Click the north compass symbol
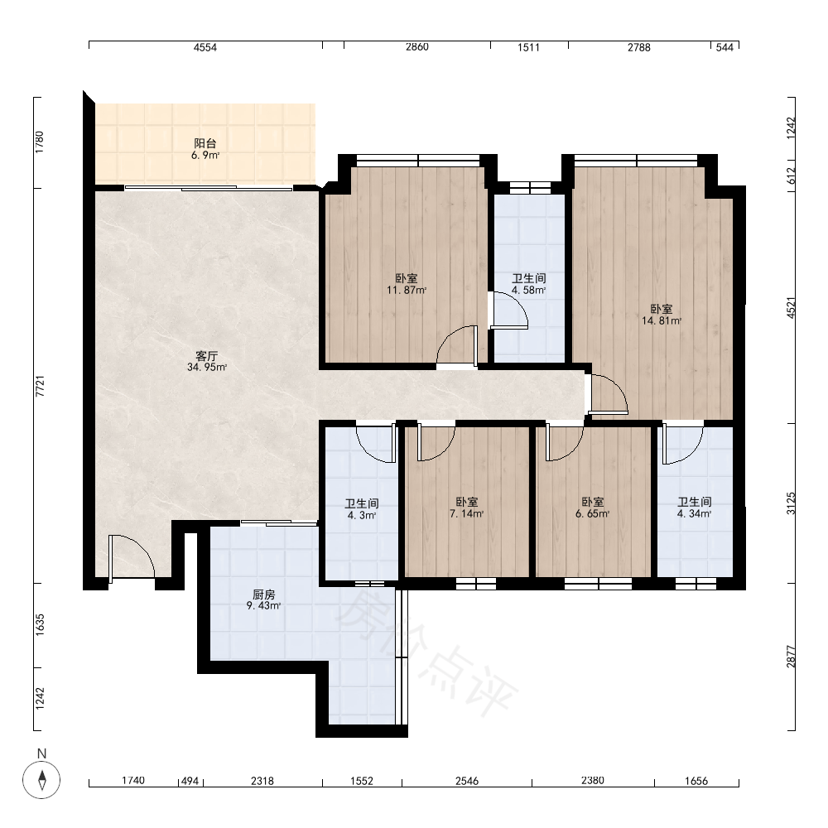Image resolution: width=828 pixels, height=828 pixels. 41,779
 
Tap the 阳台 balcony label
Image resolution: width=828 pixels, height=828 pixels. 205,143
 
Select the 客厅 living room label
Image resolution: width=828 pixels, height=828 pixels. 206,356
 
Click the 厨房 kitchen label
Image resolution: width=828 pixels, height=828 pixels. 263,595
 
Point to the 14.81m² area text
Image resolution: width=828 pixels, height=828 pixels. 661,320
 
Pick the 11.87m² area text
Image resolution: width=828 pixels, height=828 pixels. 407,290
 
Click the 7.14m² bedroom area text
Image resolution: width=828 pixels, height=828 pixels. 467,513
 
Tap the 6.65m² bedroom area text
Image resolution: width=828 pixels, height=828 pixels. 593,513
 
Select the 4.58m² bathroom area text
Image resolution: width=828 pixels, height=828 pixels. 528,290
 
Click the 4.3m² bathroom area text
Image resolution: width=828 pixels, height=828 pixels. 362,515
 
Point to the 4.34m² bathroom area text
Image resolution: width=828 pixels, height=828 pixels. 695,513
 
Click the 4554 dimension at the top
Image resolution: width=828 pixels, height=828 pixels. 205,47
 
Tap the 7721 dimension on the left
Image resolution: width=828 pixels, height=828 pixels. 40,386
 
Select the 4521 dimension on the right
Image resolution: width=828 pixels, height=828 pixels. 791,308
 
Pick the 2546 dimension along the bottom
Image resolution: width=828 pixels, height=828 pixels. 467,781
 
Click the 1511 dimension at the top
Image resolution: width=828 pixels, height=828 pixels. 528,47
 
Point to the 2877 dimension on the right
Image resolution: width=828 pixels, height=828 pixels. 791,657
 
